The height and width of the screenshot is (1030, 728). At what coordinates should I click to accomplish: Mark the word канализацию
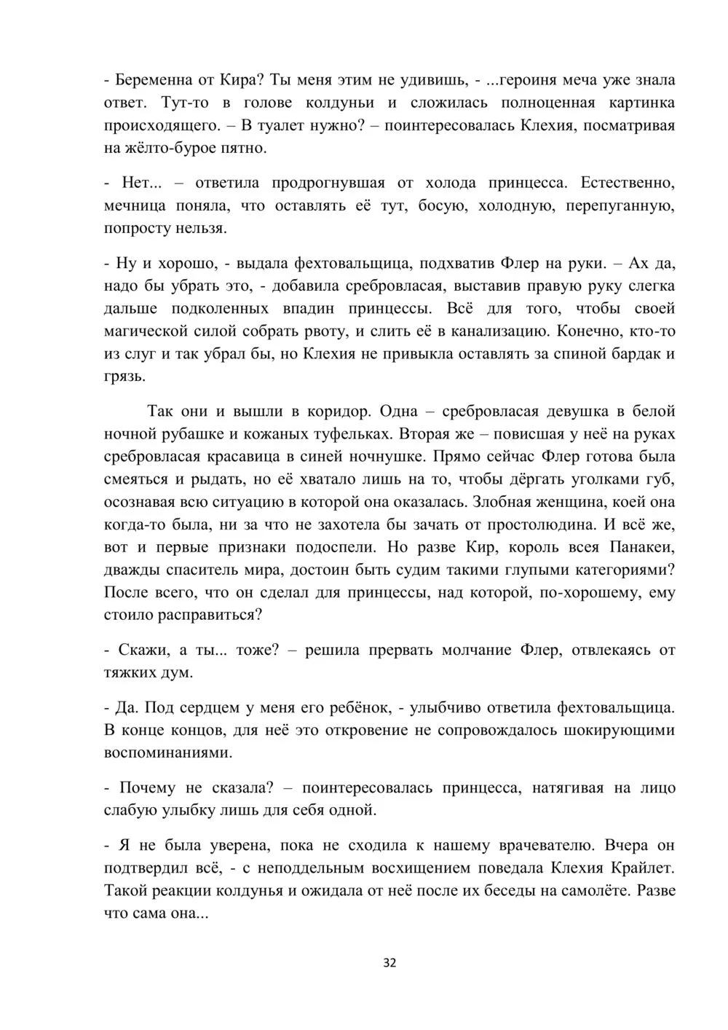pos(492,331)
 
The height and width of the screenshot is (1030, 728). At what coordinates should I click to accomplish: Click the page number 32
pos(390,963)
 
